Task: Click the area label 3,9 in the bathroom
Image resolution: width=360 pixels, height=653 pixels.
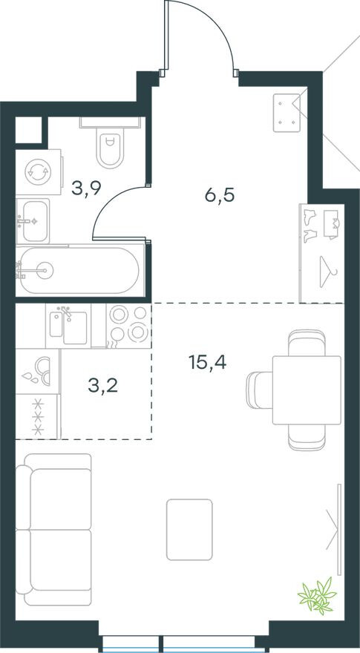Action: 87,188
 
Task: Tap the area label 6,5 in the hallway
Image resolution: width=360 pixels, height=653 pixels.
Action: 220,194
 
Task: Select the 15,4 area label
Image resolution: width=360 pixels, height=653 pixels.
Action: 207,362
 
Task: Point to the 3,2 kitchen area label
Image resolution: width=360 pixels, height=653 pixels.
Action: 102,386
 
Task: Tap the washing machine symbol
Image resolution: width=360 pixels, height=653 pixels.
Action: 38,172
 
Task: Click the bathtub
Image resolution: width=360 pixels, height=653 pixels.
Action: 79,271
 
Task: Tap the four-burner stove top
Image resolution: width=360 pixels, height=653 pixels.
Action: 128,326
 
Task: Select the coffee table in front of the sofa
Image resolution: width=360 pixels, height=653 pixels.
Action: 189,529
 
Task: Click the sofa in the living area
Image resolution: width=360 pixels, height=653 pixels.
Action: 53,529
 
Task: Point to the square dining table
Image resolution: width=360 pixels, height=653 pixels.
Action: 307,390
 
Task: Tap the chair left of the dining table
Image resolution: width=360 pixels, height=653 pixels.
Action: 259,390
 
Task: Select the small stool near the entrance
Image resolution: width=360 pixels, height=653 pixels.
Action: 287,113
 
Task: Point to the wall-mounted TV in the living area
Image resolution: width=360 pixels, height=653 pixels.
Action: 339,529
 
